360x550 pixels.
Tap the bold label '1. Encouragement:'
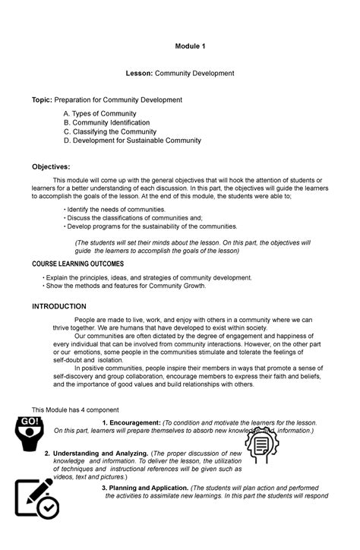pos(131,422)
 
